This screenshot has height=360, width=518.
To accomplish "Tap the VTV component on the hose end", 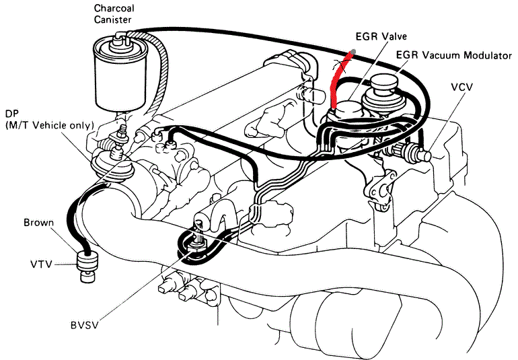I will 86,263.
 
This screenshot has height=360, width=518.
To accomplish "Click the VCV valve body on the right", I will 414,153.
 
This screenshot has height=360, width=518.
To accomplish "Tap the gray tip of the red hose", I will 353,52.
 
